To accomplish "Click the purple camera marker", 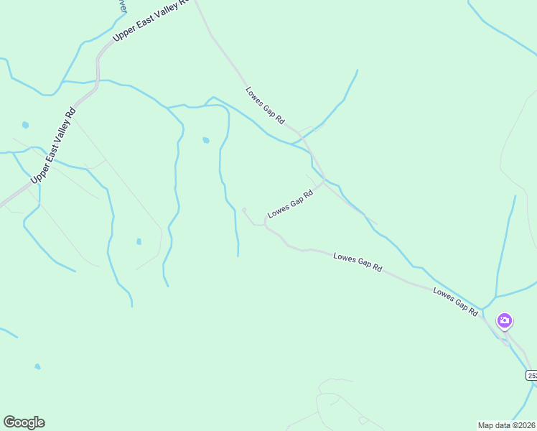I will [x=505, y=320].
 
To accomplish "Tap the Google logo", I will [x=24, y=422].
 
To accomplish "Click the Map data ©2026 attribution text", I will [x=506, y=425].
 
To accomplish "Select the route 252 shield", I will [x=532, y=375].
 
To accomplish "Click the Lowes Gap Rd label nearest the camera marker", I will [x=455, y=302].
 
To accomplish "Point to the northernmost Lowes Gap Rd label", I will [x=266, y=106].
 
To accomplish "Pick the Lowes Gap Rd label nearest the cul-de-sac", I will [x=291, y=204].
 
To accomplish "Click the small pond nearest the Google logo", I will [x=37, y=366].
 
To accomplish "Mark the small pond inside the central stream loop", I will [x=206, y=140].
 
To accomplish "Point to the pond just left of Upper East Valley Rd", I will [x=25, y=125].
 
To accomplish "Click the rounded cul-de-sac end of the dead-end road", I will [x=244, y=210].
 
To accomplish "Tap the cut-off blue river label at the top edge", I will [x=123, y=6].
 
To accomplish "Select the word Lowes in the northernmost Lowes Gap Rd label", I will [x=255, y=96].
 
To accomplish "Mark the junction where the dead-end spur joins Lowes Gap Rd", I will [x=266, y=224].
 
